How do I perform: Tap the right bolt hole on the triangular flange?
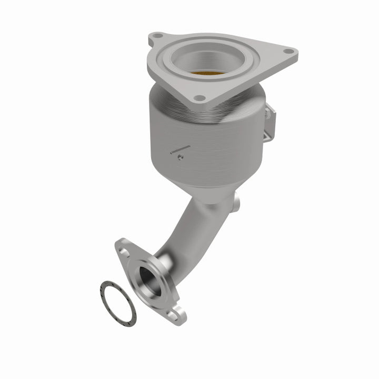(x=287, y=52)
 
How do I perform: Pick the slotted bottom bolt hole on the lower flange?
(x=173, y=316)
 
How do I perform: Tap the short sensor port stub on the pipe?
(x=235, y=201)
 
